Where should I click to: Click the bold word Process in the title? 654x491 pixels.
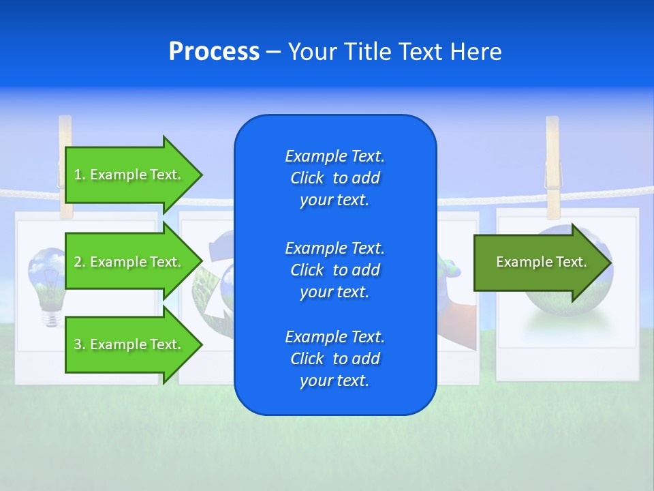(214, 52)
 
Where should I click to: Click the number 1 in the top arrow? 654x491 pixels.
(78, 175)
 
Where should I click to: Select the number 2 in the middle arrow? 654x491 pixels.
(78, 262)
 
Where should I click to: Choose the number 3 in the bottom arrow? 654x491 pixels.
(78, 344)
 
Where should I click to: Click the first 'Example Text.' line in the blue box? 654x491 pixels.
(334, 156)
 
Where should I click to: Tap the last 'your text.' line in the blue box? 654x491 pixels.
(334, 381)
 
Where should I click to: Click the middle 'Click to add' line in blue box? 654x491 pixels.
(334, 270)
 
